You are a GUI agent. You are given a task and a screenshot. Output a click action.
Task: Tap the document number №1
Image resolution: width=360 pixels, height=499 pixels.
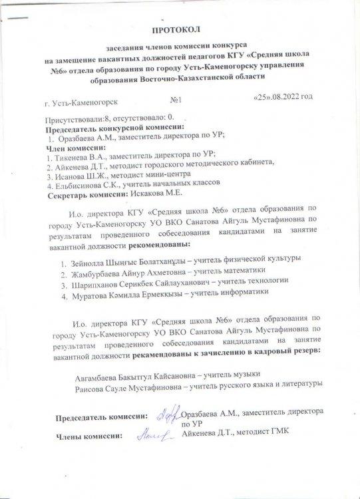click(x=176, y=99)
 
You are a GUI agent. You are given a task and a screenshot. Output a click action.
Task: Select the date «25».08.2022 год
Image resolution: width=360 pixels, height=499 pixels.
click(x=283, y=97)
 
